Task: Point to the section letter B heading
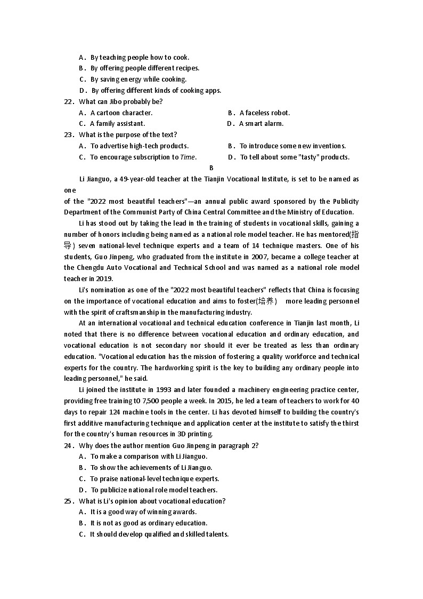(x=211, y=168)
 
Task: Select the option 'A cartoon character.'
(x=121, y=113)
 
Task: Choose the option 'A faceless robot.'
(x=264, y=113)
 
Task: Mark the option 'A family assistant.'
(x=117, y=124)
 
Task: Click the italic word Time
(x=188, y=157)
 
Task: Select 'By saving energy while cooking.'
(x=138, y=79)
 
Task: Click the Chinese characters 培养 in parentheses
(x=267, y=301)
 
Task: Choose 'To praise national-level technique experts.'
(x=154, y=479)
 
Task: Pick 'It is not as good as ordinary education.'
(x=149, y=523)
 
